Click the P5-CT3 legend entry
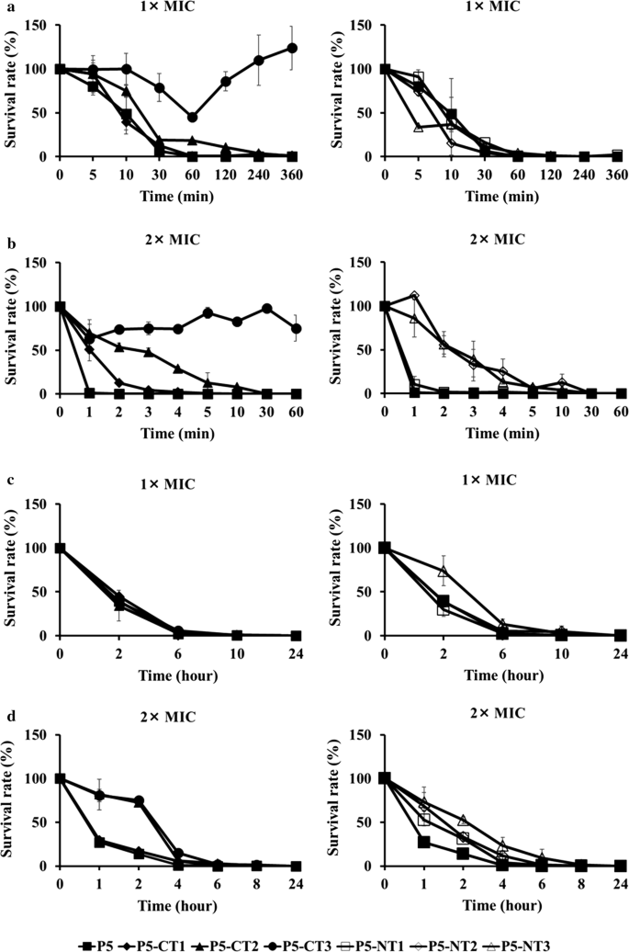pyautogui.click(x=288, y=940)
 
